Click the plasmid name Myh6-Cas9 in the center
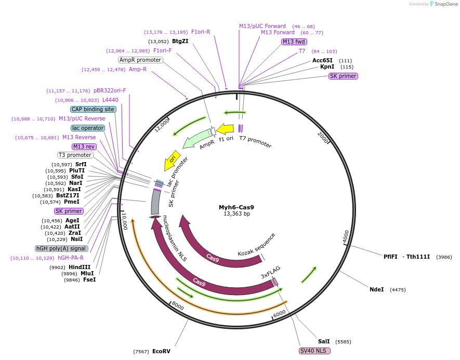pyautogui.click(x=236, y=207)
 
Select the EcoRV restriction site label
pyautogui.click(x=161, y=351)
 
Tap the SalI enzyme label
pyautogui.click(x=324, y=341)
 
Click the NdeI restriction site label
pyautogui.click(x=376, y=289)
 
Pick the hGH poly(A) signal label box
pyautogui.click(x=60, y=248)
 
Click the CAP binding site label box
pyautogui.click(x=93, y=109)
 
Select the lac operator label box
pyautogui.click(x=88, y=128)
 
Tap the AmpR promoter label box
pyautogui.click(x=140, y=60)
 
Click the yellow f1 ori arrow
pyautogui.click(x=225, y=129)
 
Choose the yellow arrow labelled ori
pyautogui.click(x=172, y=160)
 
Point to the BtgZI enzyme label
pyautogui.click(x=180, y=42)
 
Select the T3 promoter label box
pyautogui.click(x=75, y=155)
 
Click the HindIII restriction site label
pyautogui.click(x=80, y=267)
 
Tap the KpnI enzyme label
pyautogui.click(x=327, y=66)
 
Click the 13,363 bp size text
pyautogui.click(x=236, y=214)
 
